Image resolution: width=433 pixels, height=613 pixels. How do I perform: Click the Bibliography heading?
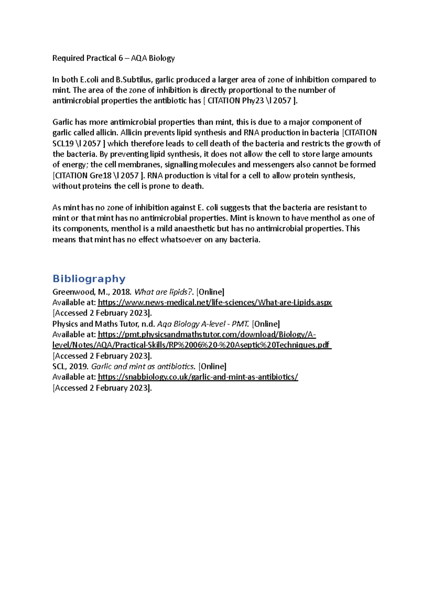pos(89,279)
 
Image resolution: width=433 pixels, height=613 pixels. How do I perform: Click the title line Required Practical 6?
pos(113,58)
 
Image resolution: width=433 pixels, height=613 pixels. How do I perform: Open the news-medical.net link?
pos(215,303)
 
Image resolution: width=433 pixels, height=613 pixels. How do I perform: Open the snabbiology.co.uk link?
pos(198,377)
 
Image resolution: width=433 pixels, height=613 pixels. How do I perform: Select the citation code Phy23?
pos(253,101)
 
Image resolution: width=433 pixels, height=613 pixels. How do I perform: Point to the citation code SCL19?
pos(63,144)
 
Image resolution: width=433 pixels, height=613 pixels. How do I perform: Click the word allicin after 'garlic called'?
pos(106,133)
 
